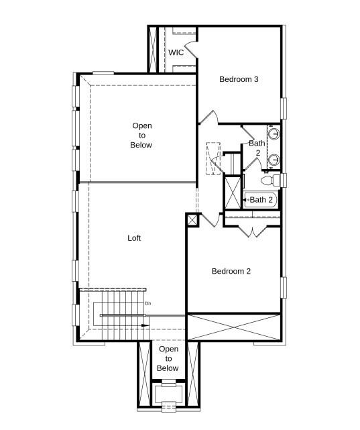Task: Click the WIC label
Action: pyautogui.click(x=176, y=52)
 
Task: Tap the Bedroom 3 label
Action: pyautogui.click(x=239, y=79)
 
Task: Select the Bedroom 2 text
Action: pyautogui.click(x=231, y=271)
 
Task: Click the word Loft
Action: pyautogui.click(x=134, y=238)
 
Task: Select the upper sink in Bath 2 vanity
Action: pyautogui.click(x=276, y=133)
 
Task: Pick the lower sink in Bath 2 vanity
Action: pyautogui.click(x=276, y=159)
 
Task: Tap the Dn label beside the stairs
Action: pyautogui.click(x=147, y=304)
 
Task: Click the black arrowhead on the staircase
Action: pyautogui.click(x=144, y=325)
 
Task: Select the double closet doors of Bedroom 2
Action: pyautogui.click(x=251, y=231)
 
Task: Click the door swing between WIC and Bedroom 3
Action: pyautogui.click(x=190, y=48)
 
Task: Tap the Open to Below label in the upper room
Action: pyautogui.click(x=141, y=136)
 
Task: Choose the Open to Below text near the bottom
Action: pyautogui.click(x=168, y=359)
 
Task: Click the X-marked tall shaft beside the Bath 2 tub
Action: pyautogui.click(x=232, y=192)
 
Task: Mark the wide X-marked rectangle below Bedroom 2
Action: pyautogui.click(x=233, y=327)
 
